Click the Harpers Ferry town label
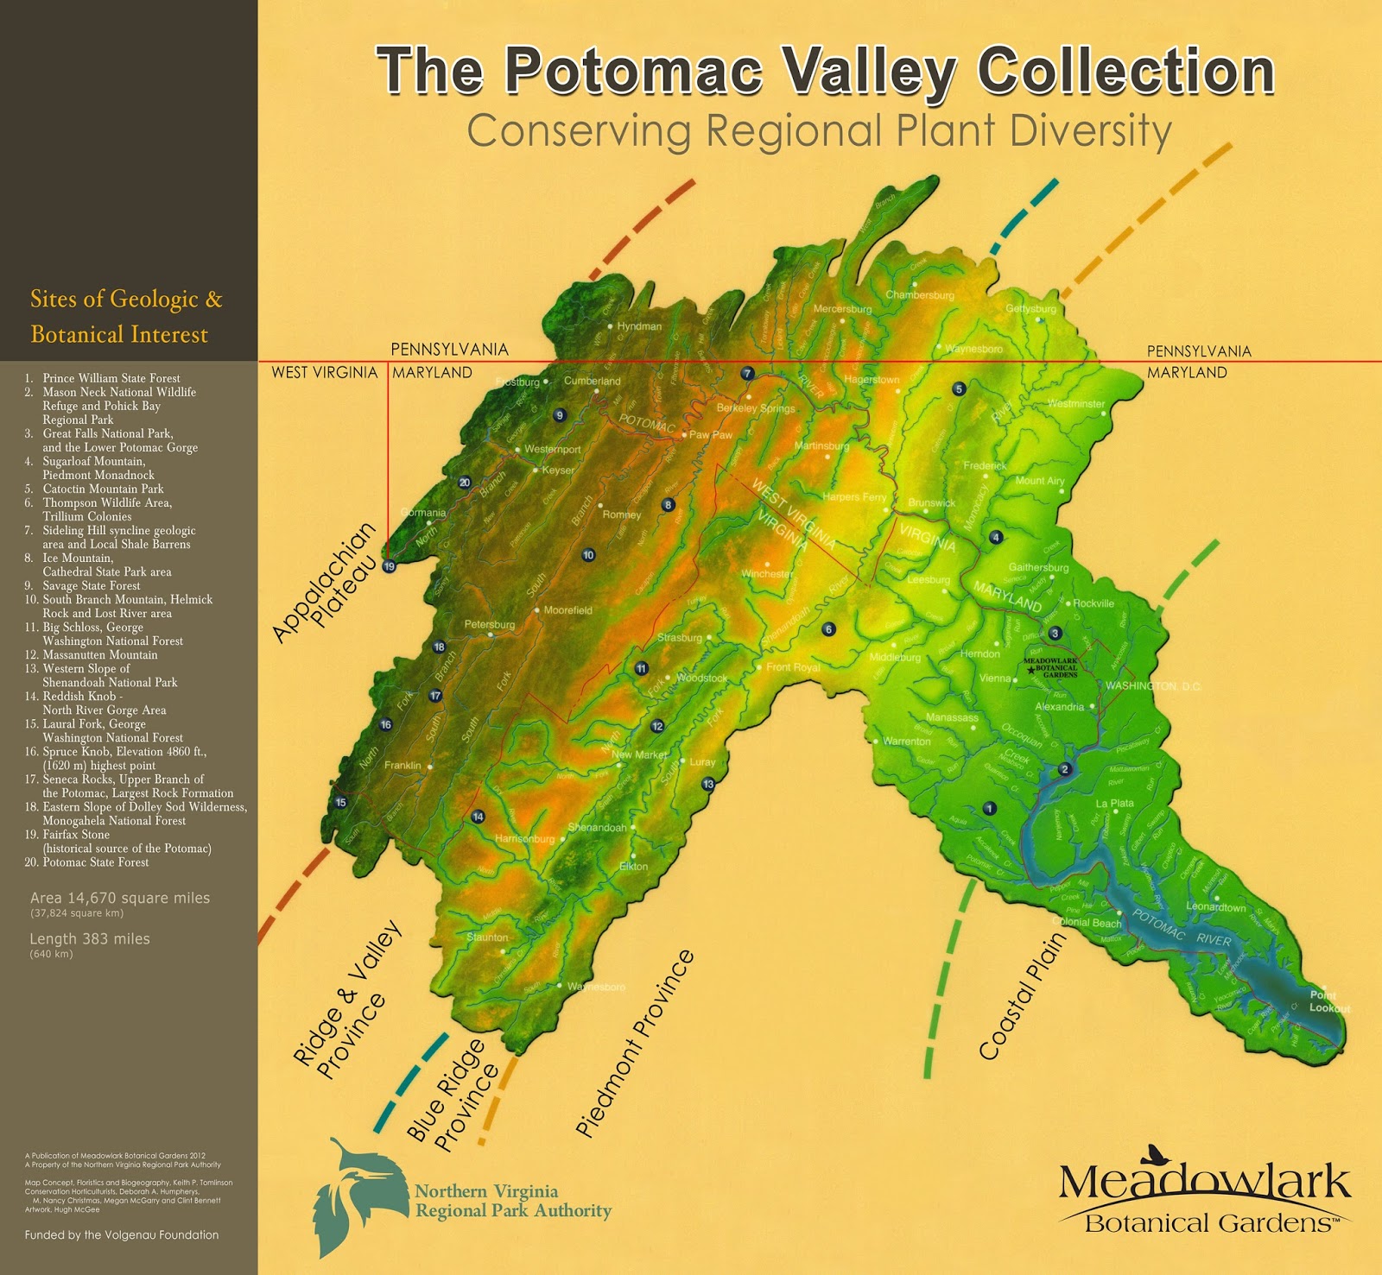pyautogui.click(x=853, y=497)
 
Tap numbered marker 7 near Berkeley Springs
pyautogui.click(x=748, y=374)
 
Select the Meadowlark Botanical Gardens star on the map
pyautogui.click(x=1030, y=669)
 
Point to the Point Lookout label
pyautogui.click(x=1328, y=1001)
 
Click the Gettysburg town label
pyautogui.click(x=1030, y=309)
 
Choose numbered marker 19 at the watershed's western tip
pyautogui.click(x=390, y=566)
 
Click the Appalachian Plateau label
pyautogui.click(x=325, y=583)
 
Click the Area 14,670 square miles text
pyautogui.click(x=120, y=898)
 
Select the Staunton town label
pyautogui.click(x=487, y=937)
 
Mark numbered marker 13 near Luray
pyautogui.click(x=708, y=785)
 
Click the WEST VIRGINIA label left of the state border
pyautogui.click(x=324, y=372)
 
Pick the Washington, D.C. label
pyautogui.click(x=1152, y=686)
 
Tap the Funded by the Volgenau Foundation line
pyautogui.click(x=122, y=1234)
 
